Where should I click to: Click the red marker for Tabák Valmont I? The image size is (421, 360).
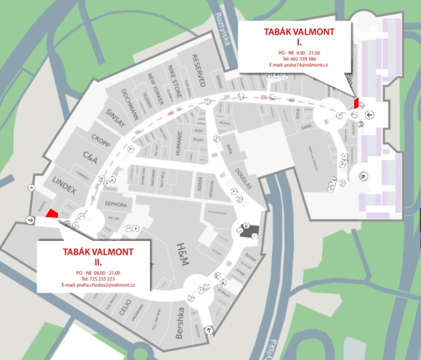click(x=356, y=102)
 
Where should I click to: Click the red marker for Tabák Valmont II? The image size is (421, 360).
click(x=51, y=214)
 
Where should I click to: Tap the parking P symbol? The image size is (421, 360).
click(x=362, y=176)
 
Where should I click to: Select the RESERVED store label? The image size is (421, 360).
click(x=198, y=71)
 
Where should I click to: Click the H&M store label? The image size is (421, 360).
click(x=182, y=255)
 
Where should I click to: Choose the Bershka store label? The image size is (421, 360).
click(x=179, y=323)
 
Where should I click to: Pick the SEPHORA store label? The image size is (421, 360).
click(x=116, y=205)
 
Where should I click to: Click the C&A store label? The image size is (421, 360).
click(x=90, y=158)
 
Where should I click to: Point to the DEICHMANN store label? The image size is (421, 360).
click(x=129, y=104)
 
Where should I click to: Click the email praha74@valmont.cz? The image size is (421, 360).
click(x=299, y=65)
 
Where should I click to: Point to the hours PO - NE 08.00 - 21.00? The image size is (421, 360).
click(x=98, y=272)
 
